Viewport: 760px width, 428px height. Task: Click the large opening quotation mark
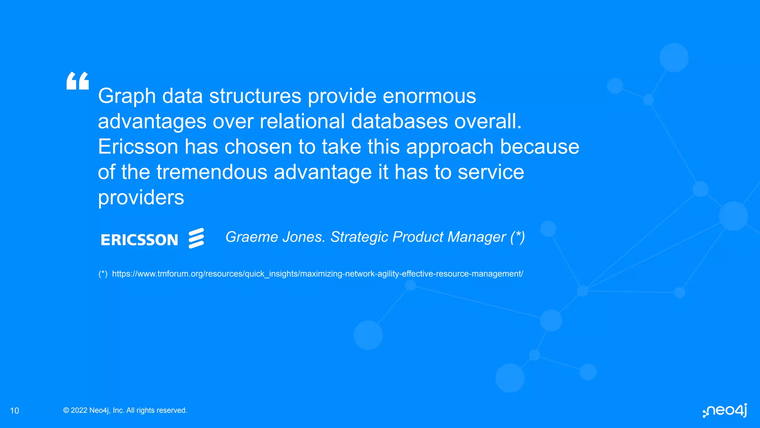click(x=78, y=81)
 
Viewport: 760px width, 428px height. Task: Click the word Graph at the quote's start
click(x=127, y=97)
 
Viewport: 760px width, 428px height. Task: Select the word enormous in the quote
click(x=429, y=96)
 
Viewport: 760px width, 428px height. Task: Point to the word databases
click(x=399, y=121)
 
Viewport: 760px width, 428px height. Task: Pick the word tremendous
click(x=212, y=172)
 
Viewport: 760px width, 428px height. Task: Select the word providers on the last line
click(x=141, y=198)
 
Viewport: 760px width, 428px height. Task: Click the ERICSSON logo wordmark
click(x=140, y=240)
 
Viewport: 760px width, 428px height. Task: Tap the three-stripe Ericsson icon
click(x=196, y=238)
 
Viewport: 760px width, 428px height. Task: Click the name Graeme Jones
click(x=275, y=237)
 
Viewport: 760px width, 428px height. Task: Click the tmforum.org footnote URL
click(x=317, y=274)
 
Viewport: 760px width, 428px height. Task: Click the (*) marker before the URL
click(x=103, y=274)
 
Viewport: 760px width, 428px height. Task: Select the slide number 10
click(x=14, y=411)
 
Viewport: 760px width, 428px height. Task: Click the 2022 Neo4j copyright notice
click(x=125, y=410)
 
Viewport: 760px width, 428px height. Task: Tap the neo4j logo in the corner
click(x=725, y=411)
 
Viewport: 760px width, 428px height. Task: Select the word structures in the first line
click(x=255, y=96)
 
